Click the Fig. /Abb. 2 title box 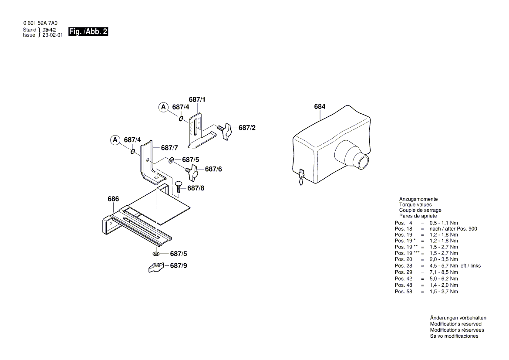tap(88, 32)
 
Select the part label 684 tap(320, 107)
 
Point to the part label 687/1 tap(197, 100)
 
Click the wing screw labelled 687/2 tap(225, 131)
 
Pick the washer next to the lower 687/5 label tap(155, 254)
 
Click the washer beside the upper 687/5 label tap(171, 160)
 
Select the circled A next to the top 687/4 tap(163, 107)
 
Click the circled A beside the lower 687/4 tap(115, 140)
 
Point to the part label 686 tap(113, 199)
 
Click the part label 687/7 tap(169, 148)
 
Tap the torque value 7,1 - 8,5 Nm tap(443, 272)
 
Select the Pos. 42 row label tap(403, 278)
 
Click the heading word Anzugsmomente tap(418, 199)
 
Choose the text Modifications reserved tap(455, 324)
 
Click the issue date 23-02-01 tap(52, 35)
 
